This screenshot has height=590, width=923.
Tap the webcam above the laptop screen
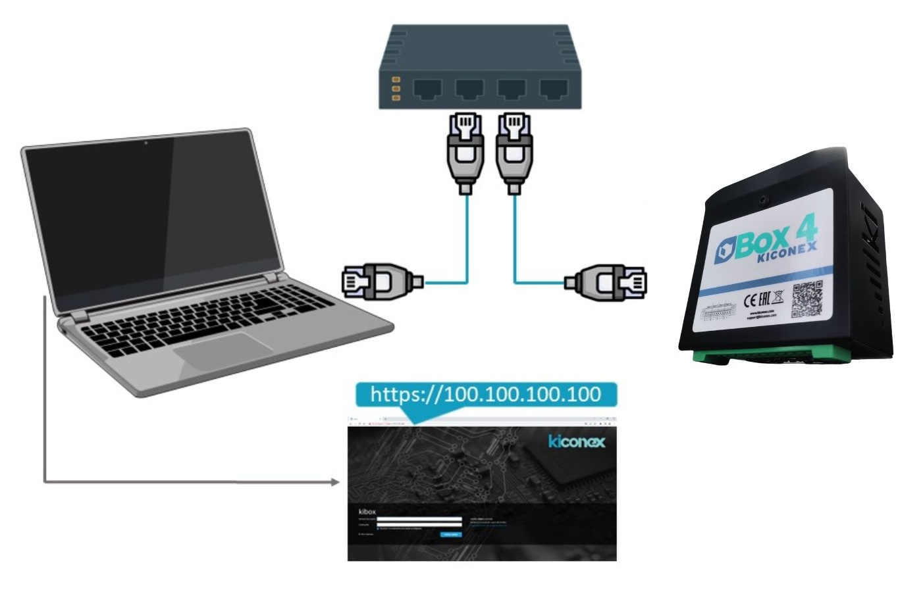[x=145, y=142]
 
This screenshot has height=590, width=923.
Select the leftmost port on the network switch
[x=429, y=89]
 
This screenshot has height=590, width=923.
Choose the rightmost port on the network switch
[x=554, y=89]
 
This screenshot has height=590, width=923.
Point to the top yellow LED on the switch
[x=396, y=79]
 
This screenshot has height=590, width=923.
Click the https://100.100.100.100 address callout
[x=485, y=395]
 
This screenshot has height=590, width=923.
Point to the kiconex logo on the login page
[x=576, y=441]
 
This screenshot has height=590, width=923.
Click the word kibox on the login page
[x=367, y=511]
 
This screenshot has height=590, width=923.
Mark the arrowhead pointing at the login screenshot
[x=335, y=483]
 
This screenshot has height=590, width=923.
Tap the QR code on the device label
[x=806, y=299]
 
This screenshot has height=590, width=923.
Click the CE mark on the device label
[x=753, y=301]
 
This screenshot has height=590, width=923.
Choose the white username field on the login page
[x=419, y=520]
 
